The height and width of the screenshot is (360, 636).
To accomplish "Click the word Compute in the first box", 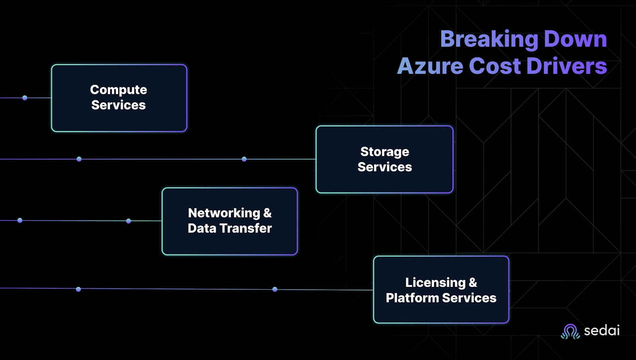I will (x=118, y=90).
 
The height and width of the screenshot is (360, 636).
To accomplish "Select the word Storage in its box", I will (x=384, y=152).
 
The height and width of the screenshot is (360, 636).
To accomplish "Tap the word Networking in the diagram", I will (x=224, y=213).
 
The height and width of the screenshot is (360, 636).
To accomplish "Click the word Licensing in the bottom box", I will (x=435, y=283).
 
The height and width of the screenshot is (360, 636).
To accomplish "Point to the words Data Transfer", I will (x=230, y=228).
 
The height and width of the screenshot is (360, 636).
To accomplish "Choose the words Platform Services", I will (x=441, y=298).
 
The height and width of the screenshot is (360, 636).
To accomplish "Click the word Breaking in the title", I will (x=489, y=39).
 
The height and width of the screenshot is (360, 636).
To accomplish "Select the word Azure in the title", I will (x=430, y=66).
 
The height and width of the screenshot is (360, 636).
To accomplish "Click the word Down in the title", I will (x=575, y=39).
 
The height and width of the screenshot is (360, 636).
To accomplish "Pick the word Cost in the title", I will (x=494, y=66).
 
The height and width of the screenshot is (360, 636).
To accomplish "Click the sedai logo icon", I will (x=570, y=331).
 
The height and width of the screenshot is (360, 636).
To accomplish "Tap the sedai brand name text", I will (x=602, y=330).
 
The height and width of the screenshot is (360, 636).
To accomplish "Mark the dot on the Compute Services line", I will (x=25, y=98).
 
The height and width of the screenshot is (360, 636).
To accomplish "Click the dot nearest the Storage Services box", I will (x=244, y=159).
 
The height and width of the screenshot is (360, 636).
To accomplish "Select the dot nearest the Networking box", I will (x=128, y=221).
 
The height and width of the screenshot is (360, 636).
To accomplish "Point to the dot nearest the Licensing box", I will (x=275, y=289).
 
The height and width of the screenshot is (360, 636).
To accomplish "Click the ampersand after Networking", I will (x=268, y=213).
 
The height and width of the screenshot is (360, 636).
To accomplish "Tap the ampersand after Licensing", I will (x=473, y=283).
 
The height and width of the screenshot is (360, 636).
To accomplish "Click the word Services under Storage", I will (x=384, y=167).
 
